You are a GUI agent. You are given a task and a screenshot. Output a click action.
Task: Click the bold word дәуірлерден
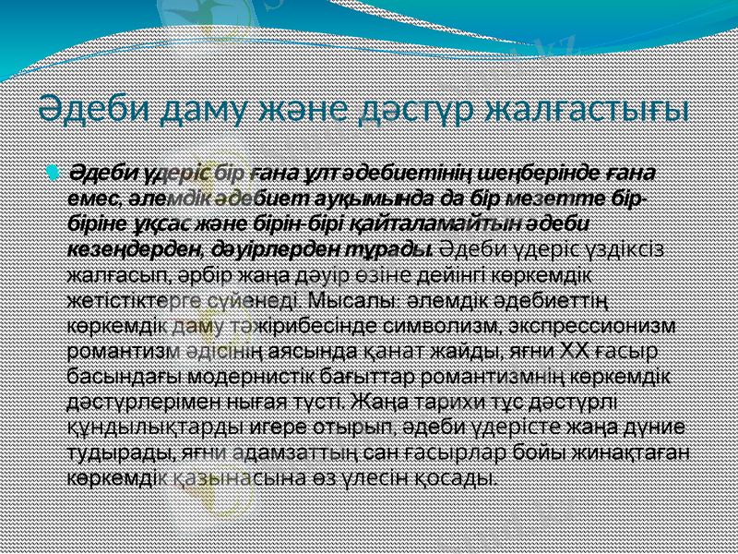(x=244, y=248)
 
